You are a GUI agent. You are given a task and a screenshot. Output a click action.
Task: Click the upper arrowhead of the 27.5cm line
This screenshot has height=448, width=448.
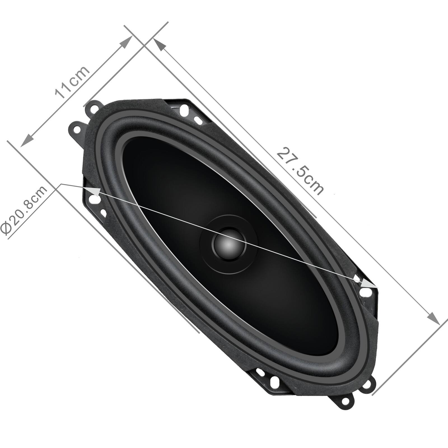[x=159, y=44]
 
